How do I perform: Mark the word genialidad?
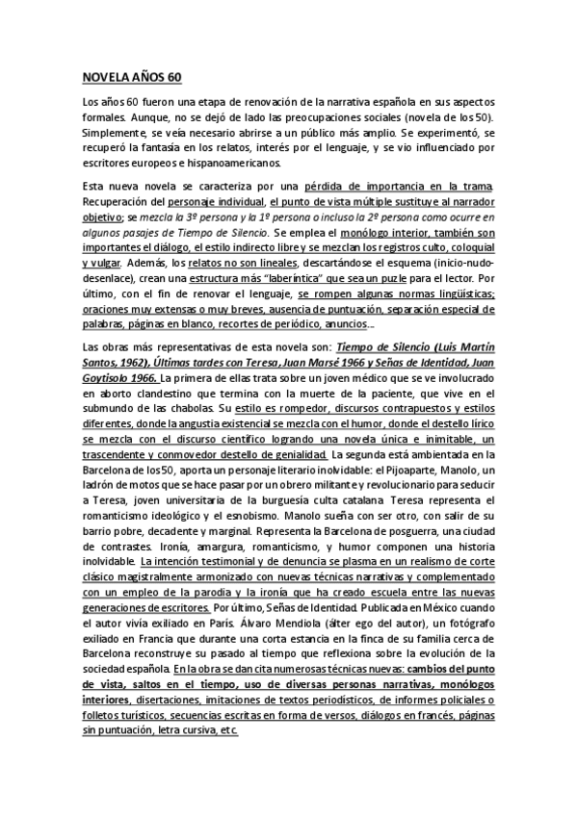coord(297,462)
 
